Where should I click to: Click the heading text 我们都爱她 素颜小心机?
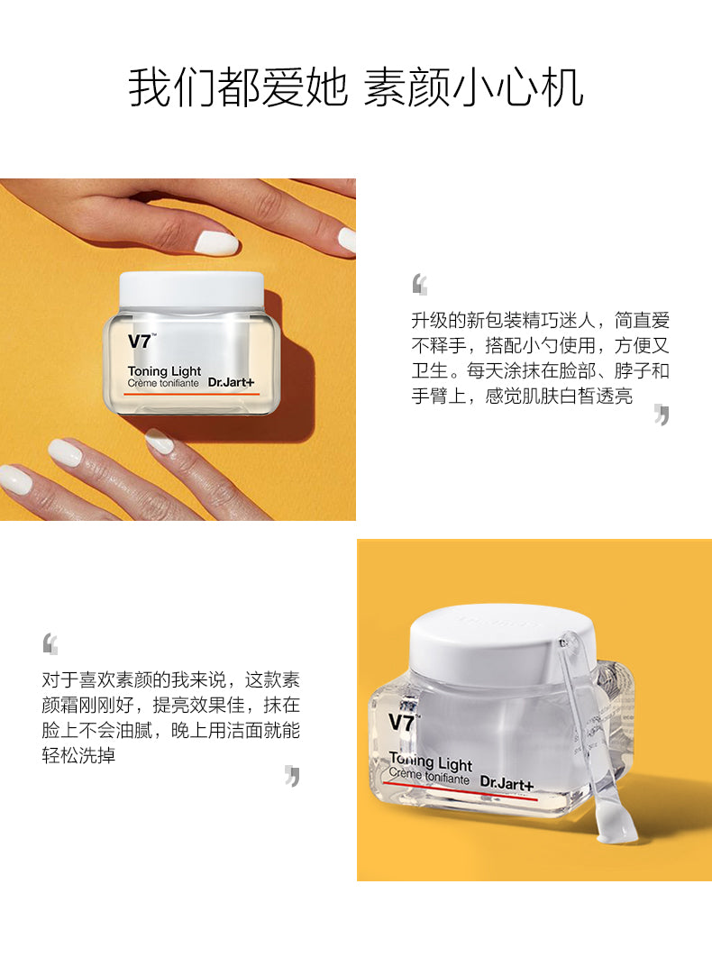(x=355, y=88)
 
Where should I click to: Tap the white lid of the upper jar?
(x=192, y=290)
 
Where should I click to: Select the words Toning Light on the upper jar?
(x=164, y=371)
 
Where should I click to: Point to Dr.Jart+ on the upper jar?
(x=231, y=383)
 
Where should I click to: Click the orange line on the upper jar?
(x=192, y=395)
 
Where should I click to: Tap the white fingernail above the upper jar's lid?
(x=216, y=243)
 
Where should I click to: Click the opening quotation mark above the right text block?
(x=419, y=285)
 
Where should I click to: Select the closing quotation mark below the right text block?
(x=662, y=415)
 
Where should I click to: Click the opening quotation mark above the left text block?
(x=50, y=644)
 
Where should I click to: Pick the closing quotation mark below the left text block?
(x=292, y=776)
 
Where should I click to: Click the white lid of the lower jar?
(x=502, y=641)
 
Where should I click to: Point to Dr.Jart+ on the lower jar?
(x=507, y=783)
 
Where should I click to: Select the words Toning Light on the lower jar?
(x=431, y=761)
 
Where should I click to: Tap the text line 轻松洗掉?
(x=78, y=755)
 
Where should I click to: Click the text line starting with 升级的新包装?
(x=541, y=320)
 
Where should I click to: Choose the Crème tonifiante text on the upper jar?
(x=163, y=383)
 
